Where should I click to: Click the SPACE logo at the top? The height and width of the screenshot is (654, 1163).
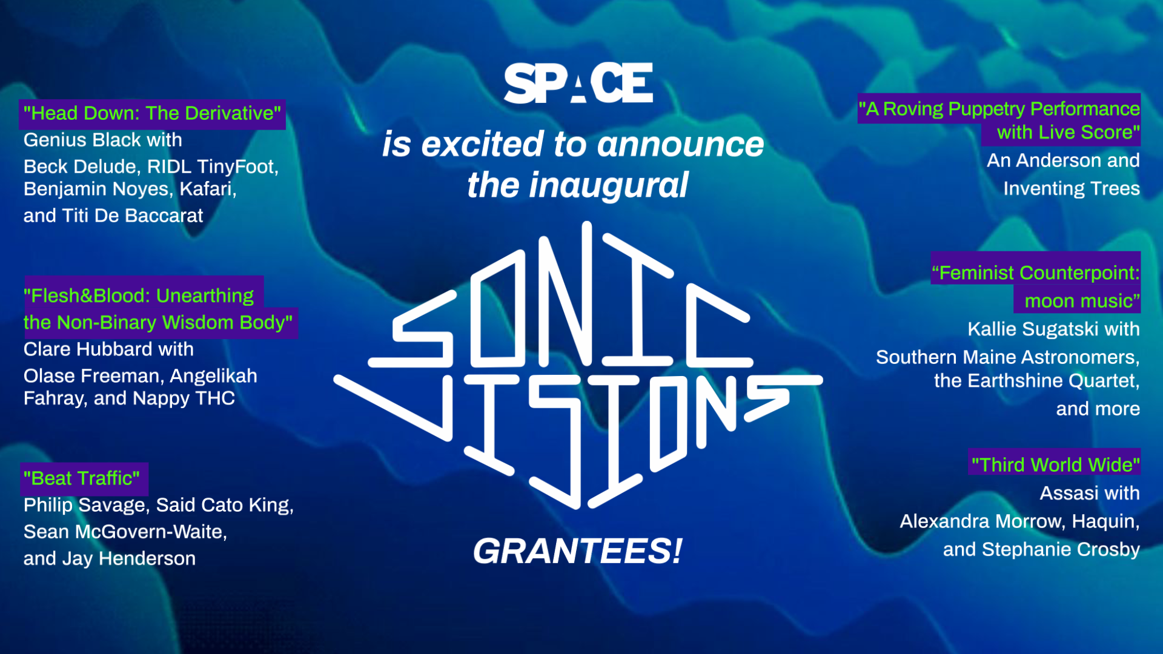(x=578, y=83)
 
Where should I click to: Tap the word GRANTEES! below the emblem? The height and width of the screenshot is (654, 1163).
(x=577, y=551)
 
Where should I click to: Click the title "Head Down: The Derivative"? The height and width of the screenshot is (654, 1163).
(x=152, y=113)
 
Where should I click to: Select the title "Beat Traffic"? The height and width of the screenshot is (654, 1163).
(x=82, y=478)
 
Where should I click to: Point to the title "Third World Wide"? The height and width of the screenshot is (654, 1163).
(x=1055, y=464)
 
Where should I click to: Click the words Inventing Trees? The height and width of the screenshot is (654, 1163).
(x=1071, y=188)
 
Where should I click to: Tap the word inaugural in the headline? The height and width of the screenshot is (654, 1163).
(x=608, y=185)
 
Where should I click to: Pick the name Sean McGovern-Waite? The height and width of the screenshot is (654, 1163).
(x=125, y=532)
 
